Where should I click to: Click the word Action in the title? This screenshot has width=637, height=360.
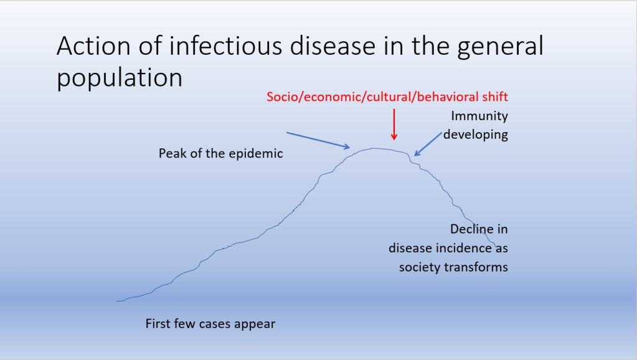pyautogui.click(x=93, y=45)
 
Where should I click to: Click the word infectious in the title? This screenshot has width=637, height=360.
pyautogui.click(x=225, y=45)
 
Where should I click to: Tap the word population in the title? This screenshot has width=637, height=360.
pyautogui.click(x=120, y=78)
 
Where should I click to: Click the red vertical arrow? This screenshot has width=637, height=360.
pyautogui.click(x=394, y=125)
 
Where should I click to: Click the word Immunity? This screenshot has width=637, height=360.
pyautogui.click(x=479, y=116)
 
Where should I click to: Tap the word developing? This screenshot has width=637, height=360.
pyautogui.click(x=475, y=135)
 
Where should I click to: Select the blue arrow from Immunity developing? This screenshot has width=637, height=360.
pyautogui.click(x=428, y=144)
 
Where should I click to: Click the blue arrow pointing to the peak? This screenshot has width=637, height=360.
pyautogui.click(x=318, y=141)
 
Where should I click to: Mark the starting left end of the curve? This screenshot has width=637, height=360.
pyautogui.click(x=117, y=301)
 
